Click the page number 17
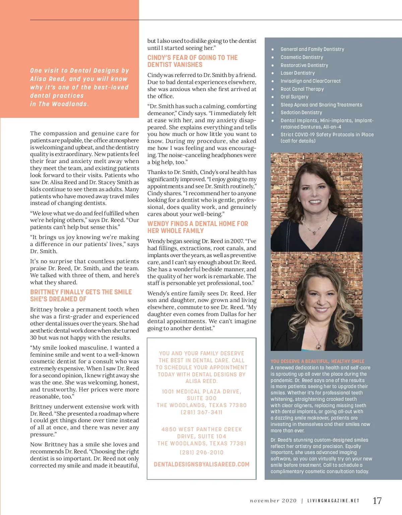(377, 501)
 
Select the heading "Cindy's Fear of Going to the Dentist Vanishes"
(193, 61)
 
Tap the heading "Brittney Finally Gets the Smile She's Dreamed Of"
(81, 296)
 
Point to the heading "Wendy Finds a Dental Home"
(198, 227)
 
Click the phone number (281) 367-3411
(202, 412)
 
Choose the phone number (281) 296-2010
(202, 452)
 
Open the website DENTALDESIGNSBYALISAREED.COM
(202, 464)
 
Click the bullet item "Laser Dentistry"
(297, 73)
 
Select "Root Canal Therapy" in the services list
(302, 89)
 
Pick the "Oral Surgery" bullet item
(294, 97)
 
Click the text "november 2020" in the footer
(273, 501)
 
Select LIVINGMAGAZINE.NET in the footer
(333, 501)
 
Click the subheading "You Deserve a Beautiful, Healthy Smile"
(317, 361)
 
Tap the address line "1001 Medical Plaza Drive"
(202, 391)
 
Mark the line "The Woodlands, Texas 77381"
(202, 443)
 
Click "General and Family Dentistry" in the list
(312, 49)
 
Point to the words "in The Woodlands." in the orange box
(60, 104)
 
